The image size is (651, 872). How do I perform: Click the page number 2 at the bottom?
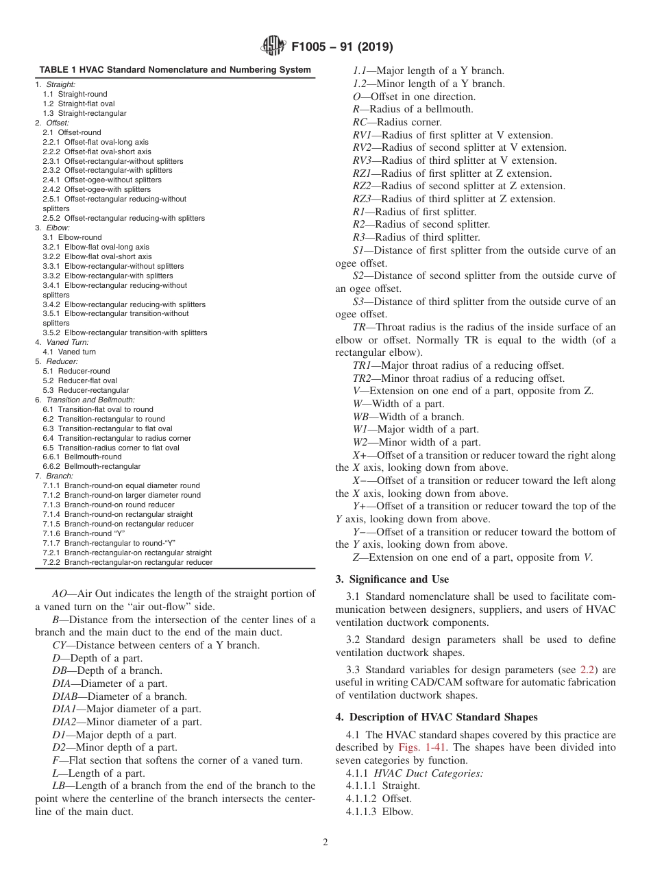click(x=325, y=843)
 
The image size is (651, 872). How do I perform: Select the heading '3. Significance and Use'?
click(x=391, y=579)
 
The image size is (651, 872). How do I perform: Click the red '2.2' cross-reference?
click(x=589, y=670)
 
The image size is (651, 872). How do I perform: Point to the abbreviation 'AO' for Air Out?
click(x=60, y=594)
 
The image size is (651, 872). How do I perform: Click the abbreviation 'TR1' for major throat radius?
click(x=362, y=365)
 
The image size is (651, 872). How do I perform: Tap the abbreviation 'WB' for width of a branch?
click(x=360, y=417)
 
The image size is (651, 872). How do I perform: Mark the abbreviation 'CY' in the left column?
click(x=60, y=645)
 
